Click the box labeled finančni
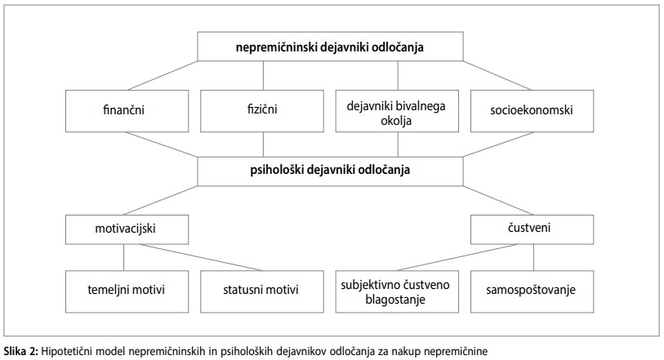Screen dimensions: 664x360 point(127,111)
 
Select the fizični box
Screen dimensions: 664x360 point(262,111)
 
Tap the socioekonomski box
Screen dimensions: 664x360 point(532,111)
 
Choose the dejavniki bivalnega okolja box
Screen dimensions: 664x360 point(397,111)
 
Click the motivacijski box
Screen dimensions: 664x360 point(127,229)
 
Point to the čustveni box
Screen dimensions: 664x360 point(532,229)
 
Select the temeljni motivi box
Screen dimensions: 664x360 point(127,291)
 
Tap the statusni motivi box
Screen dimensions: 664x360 point(262,291)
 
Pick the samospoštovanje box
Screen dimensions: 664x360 point(532,291)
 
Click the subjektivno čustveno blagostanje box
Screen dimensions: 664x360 point(397,291)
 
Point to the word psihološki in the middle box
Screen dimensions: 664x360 point(277,170)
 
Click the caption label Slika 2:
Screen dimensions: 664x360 point(21,351)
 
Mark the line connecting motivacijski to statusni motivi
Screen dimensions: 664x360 point(201,258)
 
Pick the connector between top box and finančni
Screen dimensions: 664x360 point(163,75)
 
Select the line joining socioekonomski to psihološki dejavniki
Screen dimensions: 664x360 point(498,144)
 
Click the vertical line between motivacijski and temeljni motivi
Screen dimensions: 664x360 point(123,258)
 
